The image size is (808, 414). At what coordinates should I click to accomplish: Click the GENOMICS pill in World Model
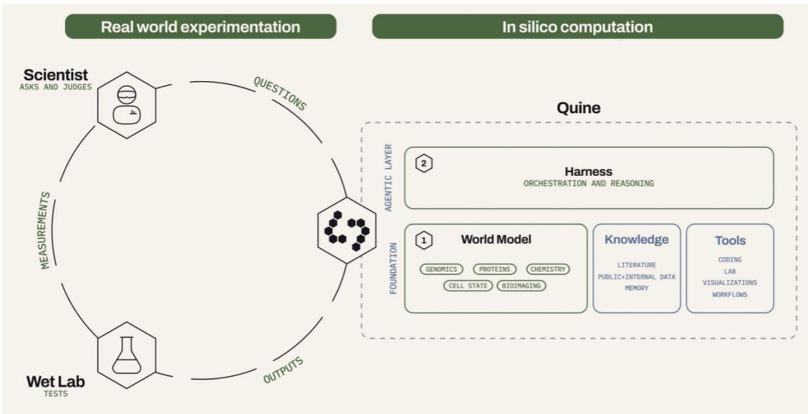click(x=441, y=269)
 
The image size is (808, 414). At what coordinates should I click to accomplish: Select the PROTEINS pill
click(x=495, y=269)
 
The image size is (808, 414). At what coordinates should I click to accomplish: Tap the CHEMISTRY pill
click(x=548, y=269)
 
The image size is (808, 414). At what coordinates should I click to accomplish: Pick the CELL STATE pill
click(x=468, y=286)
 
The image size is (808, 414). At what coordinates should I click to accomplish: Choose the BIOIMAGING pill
click(x=521, y=286)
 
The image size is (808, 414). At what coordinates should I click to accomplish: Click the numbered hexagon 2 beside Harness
click(x=424, y=163)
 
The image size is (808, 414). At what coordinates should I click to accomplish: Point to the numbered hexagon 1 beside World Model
click(x=424, y=240)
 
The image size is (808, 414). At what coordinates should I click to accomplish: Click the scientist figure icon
click(x=127, y=105)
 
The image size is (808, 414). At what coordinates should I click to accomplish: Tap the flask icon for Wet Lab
click(x=127, y=355)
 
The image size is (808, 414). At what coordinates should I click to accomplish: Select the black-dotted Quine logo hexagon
click(x=346, y=231)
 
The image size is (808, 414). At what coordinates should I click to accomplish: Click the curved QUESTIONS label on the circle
click(x=280, y=93)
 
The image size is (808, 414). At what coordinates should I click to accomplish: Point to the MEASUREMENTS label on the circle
click(x=45, y=231)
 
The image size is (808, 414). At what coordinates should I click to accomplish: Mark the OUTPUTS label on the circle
click(x=284, y=370)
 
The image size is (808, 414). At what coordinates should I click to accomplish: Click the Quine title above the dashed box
click(x=579, y=108)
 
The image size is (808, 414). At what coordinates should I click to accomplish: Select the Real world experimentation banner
click(x=200, y=27)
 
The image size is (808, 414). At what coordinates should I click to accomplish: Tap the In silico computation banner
click(x=577, y=27)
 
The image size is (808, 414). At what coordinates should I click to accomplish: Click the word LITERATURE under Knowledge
click(x=636, y=265)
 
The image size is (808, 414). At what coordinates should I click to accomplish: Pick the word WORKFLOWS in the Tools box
click(x=730, y=294)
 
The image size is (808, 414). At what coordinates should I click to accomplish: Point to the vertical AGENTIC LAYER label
click(x=388, y=178)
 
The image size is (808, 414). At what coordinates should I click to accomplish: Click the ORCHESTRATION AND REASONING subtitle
click(x=589, y=183)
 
